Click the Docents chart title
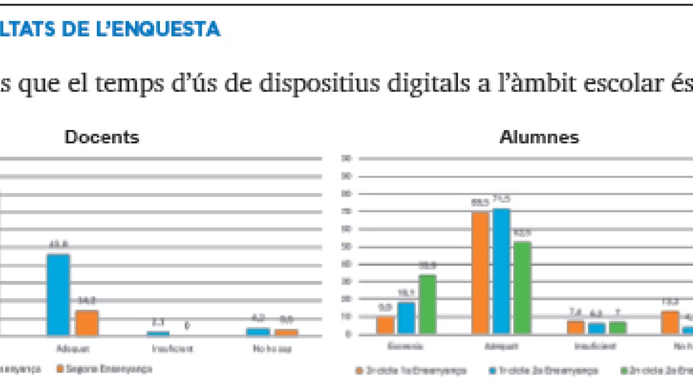pyautogui.click(x=102, y=138)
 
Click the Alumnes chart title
pyautogui.click(x=539, y=138)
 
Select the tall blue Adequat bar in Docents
pyautogui.click(x=58, y=294)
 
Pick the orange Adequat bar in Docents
pyautogui.click(x=87, y=322)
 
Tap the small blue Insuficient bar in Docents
pyautogui.click(x=158, y=333)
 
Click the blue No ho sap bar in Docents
pyautogui.click(x=258, y=331)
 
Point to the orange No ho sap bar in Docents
pyautogui.click(x=286, y=332)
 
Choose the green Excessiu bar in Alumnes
pyautogui.click(x=427, y=304)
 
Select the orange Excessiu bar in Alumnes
pyautogui.click(x=385, y=325)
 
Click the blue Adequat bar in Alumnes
pyautogui.click(x=502, y=271)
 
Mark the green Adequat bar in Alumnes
pyautogui.click(x=523, y=288)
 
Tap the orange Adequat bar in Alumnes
pyautogui.click(x=480, y=273)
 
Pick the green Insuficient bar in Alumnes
pyautogui.click(x=617, y=328)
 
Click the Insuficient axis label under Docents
pyautogui.click(x=172, y=349)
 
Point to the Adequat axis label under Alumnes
pyautogui.click(x=501, y=347)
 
